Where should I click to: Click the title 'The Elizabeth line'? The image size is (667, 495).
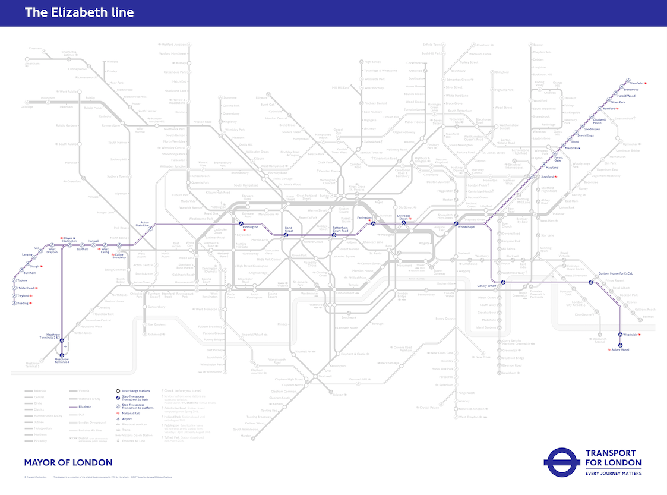(x=79, y=12)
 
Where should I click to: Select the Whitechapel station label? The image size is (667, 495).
(x=466, y=226)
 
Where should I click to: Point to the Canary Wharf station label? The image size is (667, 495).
(x=486, y=286)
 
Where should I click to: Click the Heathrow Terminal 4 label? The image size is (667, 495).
(x=62, y=361)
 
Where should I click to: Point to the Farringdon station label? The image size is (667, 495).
(x=364, y=218)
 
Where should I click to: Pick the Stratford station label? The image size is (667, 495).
(x=547, y=176)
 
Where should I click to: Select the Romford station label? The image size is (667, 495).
(x=609, y=109)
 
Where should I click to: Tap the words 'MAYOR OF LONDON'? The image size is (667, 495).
(x=68, y=462)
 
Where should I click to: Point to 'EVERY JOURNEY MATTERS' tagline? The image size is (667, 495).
(x=614, y=473)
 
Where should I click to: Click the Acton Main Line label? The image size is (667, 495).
(x=141, y=223)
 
